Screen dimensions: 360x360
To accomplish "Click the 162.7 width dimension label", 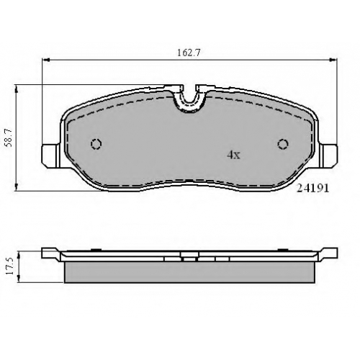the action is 189,53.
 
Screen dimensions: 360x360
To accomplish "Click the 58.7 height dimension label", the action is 9,138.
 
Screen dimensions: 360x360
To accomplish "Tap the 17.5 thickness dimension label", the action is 10,266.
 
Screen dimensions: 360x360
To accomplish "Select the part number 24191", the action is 312,189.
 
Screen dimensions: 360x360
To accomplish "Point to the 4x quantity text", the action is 233,155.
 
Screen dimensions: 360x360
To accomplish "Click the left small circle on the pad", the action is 96,144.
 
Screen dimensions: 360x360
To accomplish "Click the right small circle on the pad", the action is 283,144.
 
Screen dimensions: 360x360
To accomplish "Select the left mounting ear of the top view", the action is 51,156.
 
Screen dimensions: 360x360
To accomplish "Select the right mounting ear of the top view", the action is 328,156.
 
